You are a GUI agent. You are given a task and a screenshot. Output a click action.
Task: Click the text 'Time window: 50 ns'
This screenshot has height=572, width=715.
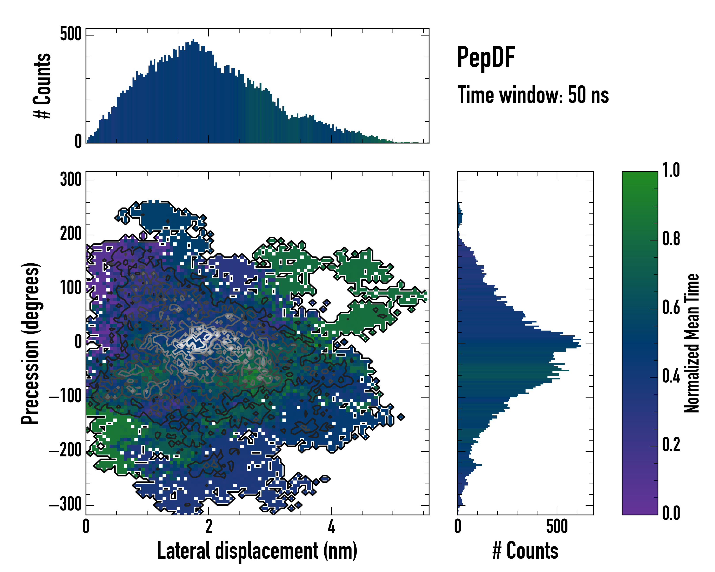[x=533, y=95]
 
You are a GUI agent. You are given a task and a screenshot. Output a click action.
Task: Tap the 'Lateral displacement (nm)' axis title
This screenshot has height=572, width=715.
[x=257, y=551]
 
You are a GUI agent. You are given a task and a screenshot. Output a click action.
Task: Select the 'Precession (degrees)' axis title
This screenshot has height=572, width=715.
[x=31, y=343]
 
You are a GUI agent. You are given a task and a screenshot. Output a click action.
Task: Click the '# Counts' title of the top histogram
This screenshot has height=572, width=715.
[x=42, y=86]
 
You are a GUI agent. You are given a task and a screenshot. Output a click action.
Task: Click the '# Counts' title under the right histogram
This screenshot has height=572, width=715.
[x=525, y=551]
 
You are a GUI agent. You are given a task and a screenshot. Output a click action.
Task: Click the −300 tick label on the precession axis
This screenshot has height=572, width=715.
[x=65, y=505]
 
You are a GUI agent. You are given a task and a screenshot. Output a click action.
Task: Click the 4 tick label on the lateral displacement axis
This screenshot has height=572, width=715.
[x=331, y=526]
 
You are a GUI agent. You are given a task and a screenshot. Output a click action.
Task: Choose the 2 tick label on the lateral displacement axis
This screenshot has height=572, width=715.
[x=209, y=526]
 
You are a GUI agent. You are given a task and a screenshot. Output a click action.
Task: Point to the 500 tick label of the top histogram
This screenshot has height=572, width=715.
[x=71, y=34]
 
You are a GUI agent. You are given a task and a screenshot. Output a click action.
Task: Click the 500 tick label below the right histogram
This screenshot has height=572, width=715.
[x=557, y=526]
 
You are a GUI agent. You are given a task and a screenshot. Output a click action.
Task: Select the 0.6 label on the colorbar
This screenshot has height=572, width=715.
[x=671, y=307]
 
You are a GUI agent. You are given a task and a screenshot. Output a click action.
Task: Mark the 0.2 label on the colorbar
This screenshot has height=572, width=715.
[x=671, y=445]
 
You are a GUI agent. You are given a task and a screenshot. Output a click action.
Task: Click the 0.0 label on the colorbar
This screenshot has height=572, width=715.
[x=671, y=513]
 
